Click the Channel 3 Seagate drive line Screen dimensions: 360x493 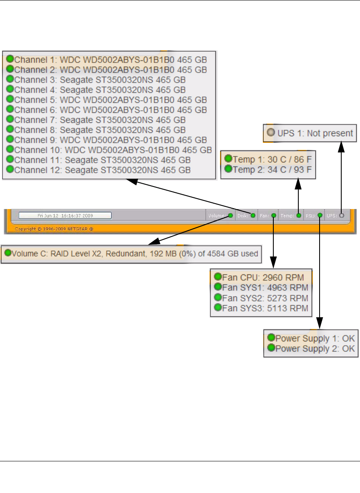(x=100, y=79)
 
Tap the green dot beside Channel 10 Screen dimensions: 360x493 (x=10, y=149)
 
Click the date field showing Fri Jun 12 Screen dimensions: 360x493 (x=65, y=215)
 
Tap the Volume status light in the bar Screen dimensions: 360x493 (x=230, y=215)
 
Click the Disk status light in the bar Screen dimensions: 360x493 (x=253, y=215)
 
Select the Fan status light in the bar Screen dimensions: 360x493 (x=273, y=215)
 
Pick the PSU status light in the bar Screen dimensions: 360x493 (x=320, y=215)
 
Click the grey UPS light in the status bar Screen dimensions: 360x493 (x=342, y=215)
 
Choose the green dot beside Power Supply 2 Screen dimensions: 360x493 (x=271, y=348)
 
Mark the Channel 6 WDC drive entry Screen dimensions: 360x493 (x=110, y=110)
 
